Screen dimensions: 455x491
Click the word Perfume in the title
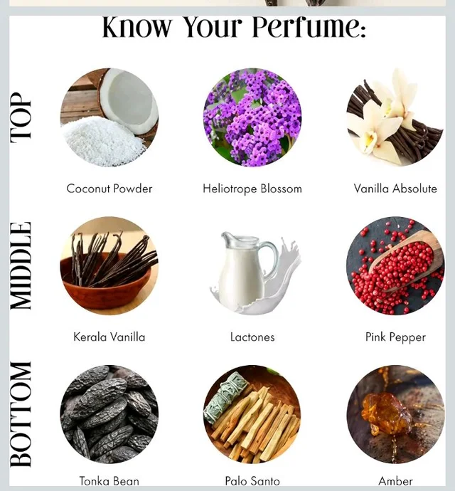pyautogui.click(x=309, y=28)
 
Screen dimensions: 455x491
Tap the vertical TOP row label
pyautogui.click(x=21, y=117)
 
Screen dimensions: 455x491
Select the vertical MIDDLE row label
pyautogui.click(x=21, y=266)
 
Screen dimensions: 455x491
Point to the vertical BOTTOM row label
pyautogui.click(x=21, y=414)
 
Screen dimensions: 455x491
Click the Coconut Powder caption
pyautogui.click(x=109, y=189)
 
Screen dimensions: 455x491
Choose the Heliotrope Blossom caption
pyautogui.click(x=252, y=189)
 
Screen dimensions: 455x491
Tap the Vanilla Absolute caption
pyautogui.click(x=395, y=189)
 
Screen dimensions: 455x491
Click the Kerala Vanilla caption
pyautogui.click(x=109, y=337)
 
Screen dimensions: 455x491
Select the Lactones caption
pyautogui.click(x=252, y=337)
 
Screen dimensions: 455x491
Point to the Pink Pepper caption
pyautogui.click(x=395, y=337)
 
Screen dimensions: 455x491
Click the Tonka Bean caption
pyautogui.click(x=109, y=480)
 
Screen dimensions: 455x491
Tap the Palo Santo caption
pyautogui.click(x=252, y=480)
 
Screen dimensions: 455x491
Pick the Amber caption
pyautogui.click(x=395, y=480)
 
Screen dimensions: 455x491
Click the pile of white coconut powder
pyautogui.click(x=103, y=141)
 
